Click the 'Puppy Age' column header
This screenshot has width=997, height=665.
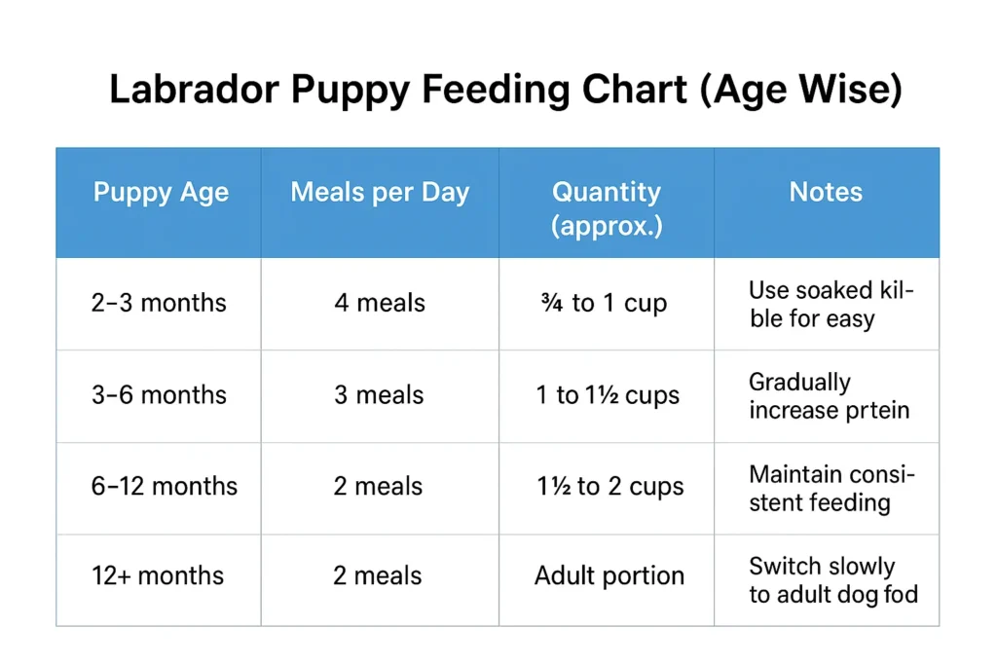(161, 192)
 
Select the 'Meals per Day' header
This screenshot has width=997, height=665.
(380, 192)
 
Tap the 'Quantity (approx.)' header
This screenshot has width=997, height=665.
(606, 208)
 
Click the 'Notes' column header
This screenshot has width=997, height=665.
(826, 192)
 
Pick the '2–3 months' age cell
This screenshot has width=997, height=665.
(159, 303)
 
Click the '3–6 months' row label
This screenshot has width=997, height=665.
(159, 395)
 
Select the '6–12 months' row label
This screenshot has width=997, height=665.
(164, 487)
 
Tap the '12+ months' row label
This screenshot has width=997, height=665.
(159, 575)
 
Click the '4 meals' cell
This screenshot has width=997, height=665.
(380, 303)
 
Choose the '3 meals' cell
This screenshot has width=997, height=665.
(379, 395)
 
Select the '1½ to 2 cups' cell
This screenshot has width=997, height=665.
(609, 487)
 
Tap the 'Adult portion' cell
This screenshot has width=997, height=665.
(609, 575)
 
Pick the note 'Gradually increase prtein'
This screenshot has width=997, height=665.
(828, 395)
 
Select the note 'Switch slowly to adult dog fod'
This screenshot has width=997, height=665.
(832, 579)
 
